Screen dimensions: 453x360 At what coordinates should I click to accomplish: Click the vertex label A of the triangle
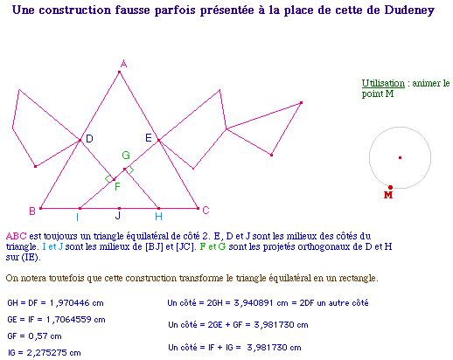pos(124,64)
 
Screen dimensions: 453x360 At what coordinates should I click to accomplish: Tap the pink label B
pos(32,211)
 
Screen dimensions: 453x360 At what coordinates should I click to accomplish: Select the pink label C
pos(206,210)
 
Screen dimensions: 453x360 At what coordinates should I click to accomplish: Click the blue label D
pos(89,139)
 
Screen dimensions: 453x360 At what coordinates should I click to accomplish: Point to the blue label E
pos(149,138)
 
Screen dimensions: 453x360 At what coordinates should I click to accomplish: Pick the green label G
pos(126,156)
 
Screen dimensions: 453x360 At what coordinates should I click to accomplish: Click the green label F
pos(117,186)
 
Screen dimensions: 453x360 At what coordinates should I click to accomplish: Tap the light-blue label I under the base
pos(77,217)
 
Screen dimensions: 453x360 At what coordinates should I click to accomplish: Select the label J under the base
pos(118,215)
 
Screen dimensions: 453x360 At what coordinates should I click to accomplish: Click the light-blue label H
pos(158,217)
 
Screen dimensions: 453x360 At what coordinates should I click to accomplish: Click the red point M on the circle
pos(390,187)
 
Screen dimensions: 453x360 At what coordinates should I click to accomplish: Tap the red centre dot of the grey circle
pos(400,157)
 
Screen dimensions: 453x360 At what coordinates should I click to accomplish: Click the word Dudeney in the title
pos(409,10)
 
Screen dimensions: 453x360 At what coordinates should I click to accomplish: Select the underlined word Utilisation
pos(383,83)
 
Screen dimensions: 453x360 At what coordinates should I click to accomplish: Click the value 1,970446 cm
pos(77,303)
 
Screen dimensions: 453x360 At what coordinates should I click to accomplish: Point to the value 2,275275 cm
pos(53,353)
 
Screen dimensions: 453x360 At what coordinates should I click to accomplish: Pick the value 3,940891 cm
pos(261,303)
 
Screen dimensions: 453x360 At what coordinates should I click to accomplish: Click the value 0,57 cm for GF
pos(45,336)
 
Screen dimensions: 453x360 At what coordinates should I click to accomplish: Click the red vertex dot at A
pos(119,72)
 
